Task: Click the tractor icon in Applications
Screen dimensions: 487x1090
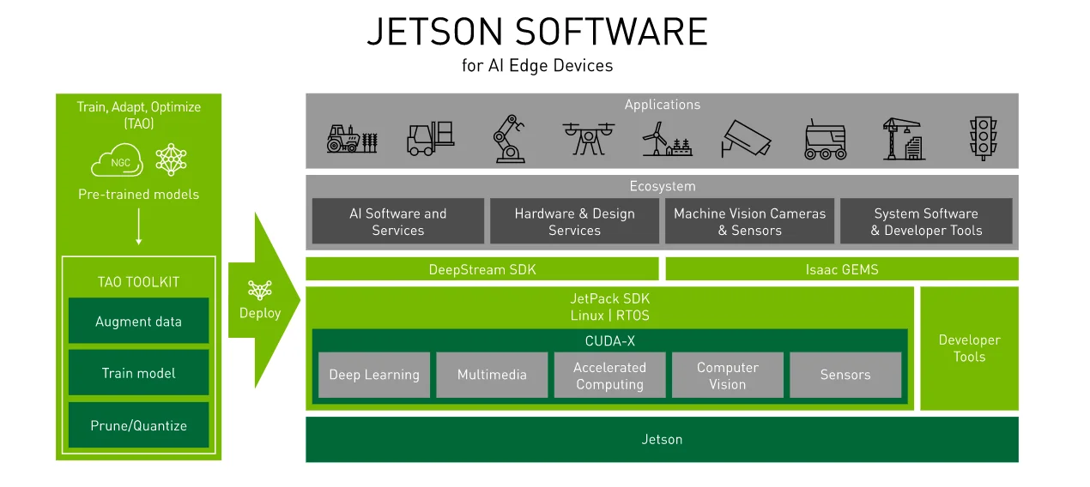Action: [352, 138]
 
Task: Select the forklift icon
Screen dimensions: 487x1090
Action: [430, 138]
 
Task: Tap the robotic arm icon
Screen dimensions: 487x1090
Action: [508, 138]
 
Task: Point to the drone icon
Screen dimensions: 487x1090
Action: [588, 137]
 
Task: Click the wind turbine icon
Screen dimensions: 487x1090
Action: [667, 138]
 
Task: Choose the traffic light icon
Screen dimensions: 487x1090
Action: [983, 138]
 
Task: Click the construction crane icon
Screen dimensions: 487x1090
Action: [904, 138]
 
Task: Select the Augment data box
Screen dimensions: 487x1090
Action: [138, 322]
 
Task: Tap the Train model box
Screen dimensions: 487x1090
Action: [138, 373]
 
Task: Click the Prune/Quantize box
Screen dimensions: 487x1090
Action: [138, 425]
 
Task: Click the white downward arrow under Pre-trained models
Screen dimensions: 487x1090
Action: [138, 231]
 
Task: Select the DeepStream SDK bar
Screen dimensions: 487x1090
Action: [482, 269]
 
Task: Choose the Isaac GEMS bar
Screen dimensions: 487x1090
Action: [841, 269]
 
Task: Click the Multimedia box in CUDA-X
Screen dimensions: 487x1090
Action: [492, 375]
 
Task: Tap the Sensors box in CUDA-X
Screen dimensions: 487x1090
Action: [845, 375]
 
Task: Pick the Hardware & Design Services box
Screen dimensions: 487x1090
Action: [574, 221]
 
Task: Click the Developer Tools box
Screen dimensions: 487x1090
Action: [969, 348]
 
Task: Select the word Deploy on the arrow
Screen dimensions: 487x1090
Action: [260, 313]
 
